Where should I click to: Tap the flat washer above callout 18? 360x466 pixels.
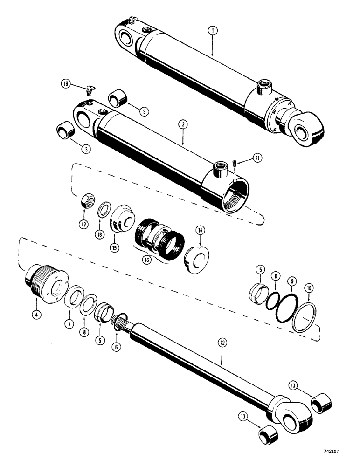pos(104,208)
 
